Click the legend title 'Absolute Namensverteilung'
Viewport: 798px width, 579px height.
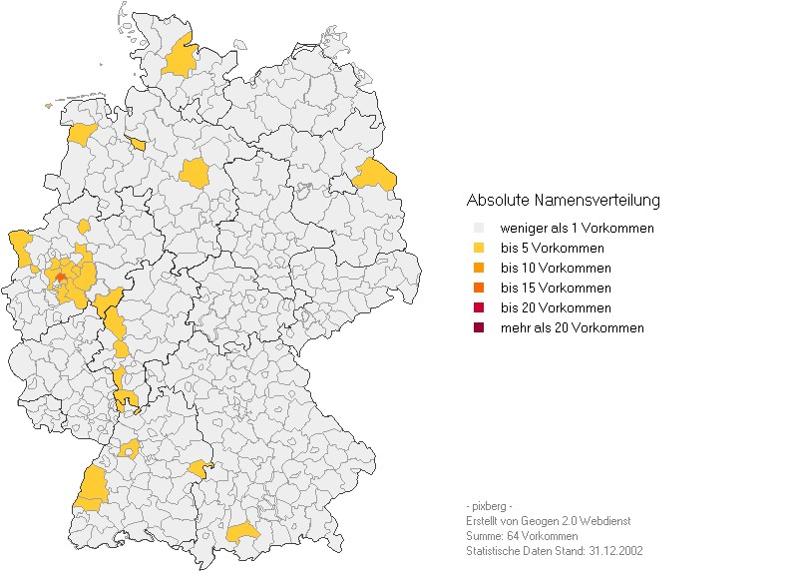pos(563,201)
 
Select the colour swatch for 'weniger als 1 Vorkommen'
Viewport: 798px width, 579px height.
pos(479,228)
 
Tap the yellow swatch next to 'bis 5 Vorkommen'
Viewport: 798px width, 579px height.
pos(479,248)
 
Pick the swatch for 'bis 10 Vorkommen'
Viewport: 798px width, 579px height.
pos(479,268)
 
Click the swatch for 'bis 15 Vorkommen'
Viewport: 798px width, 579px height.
pos(479,288)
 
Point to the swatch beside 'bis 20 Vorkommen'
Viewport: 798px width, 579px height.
pos(479,307)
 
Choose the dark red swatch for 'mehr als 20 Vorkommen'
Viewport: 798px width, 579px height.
pos(479,327)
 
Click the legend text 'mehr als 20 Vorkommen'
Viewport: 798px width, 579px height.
pos(572,327)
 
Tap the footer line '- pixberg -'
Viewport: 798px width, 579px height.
pos(489,506)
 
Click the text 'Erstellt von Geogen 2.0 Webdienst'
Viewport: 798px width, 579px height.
pos(548,521)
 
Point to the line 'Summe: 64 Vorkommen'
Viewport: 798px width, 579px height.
pos(522,536)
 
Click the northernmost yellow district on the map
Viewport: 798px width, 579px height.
pos(180,60)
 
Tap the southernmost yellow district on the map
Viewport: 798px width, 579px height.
pos(242,533)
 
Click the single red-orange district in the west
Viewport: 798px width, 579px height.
pos(62,278)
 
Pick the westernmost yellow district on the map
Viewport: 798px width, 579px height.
pos(19,243)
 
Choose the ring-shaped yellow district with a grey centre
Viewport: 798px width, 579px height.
pos(130,448)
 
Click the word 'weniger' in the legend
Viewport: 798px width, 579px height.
pos(522,228)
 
